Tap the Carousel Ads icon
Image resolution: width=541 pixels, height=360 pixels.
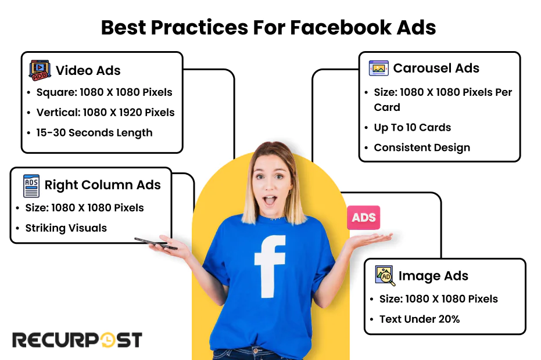coord(378,68)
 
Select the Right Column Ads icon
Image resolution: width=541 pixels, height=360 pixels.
coord(31,185)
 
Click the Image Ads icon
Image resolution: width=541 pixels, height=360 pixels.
coord(385,275)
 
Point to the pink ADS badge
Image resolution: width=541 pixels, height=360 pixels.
coord(364,218)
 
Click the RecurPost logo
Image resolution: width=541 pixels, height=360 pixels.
coord(77,340)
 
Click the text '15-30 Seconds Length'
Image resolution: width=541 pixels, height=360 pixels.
coord(94,132)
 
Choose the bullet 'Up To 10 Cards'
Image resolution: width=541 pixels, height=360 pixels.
coord(412,127)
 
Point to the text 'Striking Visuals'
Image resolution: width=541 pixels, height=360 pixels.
coord(66,228)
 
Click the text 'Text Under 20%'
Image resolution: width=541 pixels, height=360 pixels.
coord(419,319)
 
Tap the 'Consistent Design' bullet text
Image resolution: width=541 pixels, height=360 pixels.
coord(422,147)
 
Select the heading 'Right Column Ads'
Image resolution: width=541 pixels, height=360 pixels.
coord(102,185)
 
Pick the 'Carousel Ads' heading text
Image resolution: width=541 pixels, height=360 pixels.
coord(436,68)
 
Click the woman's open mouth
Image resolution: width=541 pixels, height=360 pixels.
coord(270,201)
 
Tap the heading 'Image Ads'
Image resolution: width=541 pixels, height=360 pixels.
coord(433,276)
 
